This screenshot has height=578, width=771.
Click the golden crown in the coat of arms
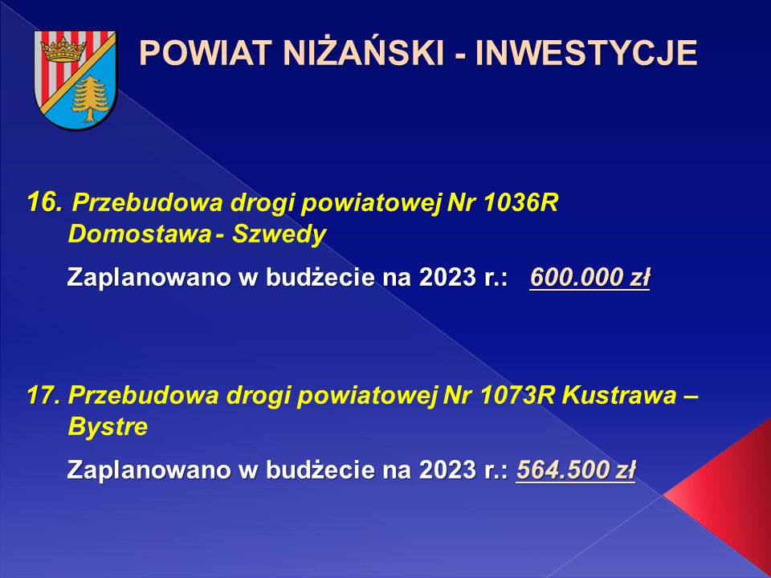point(63,50)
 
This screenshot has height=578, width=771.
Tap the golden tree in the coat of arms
point(90,98)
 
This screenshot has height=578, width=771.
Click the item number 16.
point(44,202)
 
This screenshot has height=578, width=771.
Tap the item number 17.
point(43,395)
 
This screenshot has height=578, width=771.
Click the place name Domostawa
point(139,234)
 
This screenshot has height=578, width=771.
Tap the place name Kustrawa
point(619,395)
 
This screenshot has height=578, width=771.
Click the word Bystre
point(108,426)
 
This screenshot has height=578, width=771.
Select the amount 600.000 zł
point(590,278)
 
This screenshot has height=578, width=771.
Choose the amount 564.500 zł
point(576,470)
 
